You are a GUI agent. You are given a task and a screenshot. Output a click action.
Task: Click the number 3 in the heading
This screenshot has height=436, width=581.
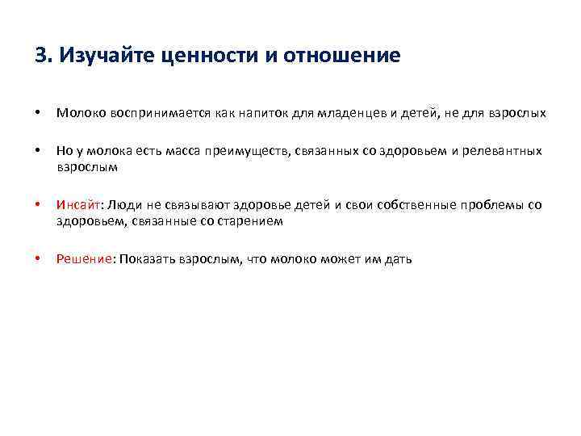coord(40,56)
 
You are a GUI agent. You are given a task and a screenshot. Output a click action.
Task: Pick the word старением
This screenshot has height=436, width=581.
coord(253,221)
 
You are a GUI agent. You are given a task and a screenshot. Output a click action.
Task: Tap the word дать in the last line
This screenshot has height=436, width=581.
coord(398,259)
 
